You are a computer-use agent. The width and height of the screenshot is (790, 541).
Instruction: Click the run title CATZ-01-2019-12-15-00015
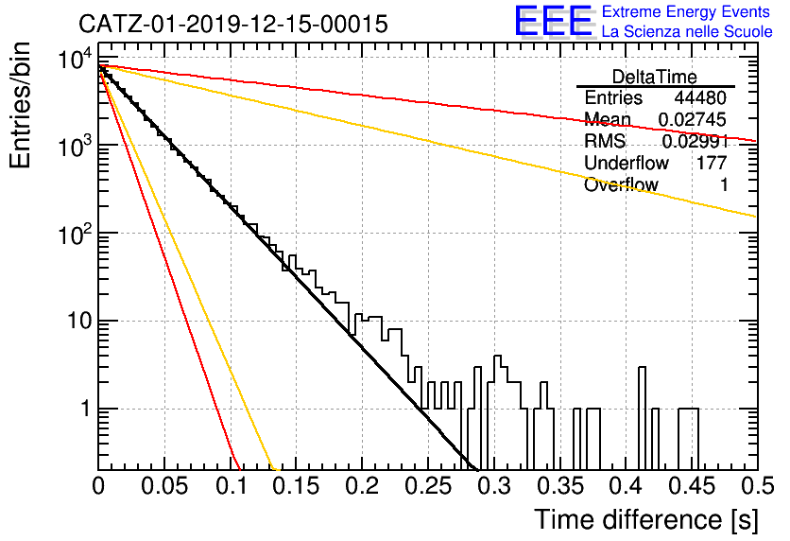[x=233, y=25]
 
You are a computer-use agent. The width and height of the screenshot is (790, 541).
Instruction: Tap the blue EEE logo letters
[x=553, y=21]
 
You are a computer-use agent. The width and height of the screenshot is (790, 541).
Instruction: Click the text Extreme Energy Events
[x=686, y=11]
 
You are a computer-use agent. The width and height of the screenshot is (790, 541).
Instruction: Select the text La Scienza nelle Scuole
[x=687, y=32]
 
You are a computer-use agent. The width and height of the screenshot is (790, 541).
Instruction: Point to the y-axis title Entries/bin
[x=20, y=105]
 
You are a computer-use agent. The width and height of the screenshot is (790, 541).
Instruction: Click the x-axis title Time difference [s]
[x=646, y=520]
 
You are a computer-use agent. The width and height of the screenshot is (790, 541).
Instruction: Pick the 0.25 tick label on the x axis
[x=428, y=486]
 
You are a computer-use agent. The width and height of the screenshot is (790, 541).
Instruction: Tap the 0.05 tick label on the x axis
[x=164, y=486]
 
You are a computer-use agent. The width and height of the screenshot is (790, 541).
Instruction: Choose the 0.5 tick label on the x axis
[x=758, y=486]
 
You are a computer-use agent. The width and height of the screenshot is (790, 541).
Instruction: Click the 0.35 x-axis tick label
[x=560, y=486]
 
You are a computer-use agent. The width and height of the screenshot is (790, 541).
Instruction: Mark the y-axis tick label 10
[x=80, y=322]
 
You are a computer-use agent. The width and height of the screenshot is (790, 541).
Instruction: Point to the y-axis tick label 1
[x=87, y=409]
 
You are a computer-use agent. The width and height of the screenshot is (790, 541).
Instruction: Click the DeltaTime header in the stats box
[x=655, y=77]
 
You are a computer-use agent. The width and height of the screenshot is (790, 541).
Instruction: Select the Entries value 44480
[x=700, y=97]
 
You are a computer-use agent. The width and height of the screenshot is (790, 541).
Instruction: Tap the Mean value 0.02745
[x=693, y=119]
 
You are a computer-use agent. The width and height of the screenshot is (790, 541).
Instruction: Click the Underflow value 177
[x=712, y=163]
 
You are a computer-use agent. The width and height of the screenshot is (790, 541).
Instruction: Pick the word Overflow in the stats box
[x=621, y=184]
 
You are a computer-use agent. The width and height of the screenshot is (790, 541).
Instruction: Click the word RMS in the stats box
[x=605, y=141]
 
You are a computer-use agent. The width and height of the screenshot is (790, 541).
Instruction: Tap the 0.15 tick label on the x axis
[x=297, y=486]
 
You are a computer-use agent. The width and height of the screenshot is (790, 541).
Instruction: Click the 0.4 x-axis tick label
[x=626, y=486]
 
